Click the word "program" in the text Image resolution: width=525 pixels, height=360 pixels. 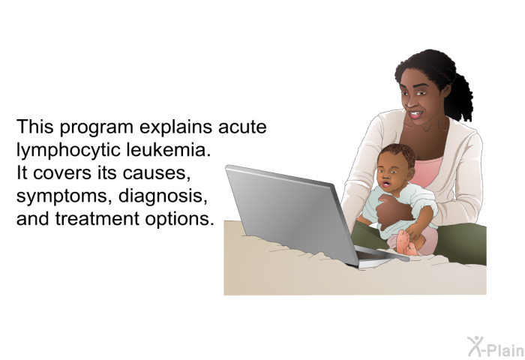97,128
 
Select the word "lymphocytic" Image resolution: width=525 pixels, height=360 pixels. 69,150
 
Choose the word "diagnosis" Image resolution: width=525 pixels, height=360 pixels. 163,196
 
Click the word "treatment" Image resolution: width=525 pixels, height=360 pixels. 97,219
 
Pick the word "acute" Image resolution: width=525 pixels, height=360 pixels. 242,127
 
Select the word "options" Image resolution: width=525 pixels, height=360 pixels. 179,220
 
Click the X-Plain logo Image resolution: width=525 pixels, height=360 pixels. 496,346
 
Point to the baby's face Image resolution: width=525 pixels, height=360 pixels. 389,175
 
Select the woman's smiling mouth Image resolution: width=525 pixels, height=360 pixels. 415,115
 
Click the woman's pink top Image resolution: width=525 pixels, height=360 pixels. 426,171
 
